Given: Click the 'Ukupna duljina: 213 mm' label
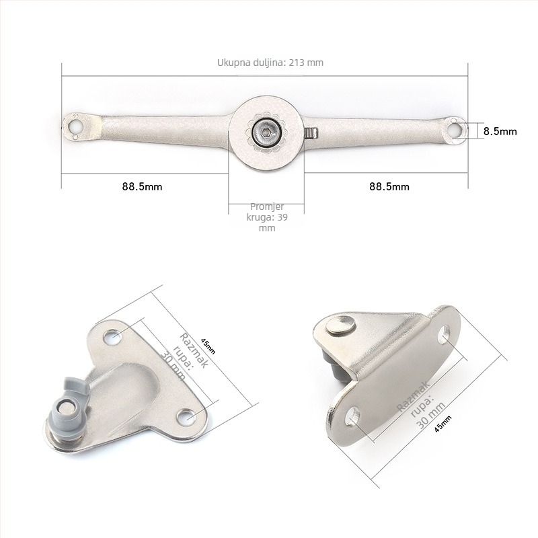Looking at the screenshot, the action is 270,63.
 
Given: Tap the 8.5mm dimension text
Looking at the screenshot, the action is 500,131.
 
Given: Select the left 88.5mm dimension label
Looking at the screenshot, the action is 142,187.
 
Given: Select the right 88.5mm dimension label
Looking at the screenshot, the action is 389,187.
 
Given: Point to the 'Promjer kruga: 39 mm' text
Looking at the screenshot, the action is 267,217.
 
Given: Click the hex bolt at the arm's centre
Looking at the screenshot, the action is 266,132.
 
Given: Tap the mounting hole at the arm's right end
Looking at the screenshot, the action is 455,130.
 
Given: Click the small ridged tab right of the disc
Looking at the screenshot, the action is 311,133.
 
